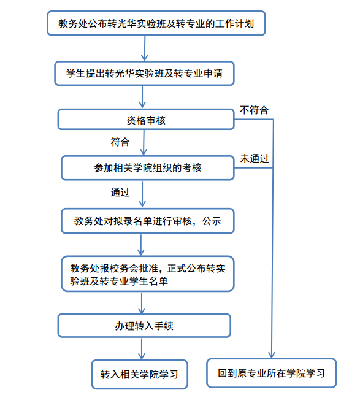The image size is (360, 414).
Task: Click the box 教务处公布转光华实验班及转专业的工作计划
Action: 156,23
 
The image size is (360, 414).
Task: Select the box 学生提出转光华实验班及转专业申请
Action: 144,74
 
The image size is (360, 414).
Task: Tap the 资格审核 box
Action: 146,120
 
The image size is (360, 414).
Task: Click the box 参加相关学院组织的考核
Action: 148,168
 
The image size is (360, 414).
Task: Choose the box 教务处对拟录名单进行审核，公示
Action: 148,221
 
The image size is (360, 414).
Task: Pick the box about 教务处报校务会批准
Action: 148,274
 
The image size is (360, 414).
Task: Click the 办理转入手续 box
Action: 144,326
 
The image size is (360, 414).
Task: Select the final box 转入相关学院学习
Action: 140,374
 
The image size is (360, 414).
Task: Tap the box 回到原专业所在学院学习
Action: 271,373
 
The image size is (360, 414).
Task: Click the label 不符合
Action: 254,110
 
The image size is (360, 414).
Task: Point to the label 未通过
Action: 255,158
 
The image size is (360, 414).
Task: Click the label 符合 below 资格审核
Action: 120,142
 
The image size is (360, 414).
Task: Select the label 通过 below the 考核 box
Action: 120,192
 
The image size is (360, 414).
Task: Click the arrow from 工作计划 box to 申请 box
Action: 145,48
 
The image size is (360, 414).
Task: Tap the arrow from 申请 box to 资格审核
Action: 142,97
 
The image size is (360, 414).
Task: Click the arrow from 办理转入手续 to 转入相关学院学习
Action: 142,348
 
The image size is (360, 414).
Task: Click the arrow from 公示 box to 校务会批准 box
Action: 141,245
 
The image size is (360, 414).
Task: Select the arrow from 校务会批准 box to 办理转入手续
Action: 142,303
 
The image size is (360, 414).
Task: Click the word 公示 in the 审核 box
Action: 212,221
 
